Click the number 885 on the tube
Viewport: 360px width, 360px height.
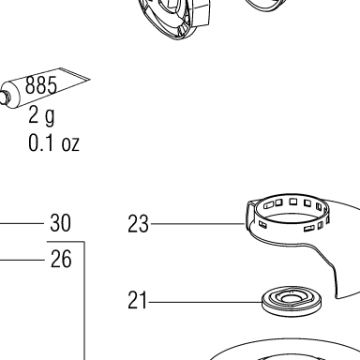[x=41, y=84]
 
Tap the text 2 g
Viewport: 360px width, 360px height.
[x=41, y=115]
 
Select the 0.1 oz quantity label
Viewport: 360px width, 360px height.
[x=53, y=142]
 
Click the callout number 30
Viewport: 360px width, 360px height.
[x=60, y=223]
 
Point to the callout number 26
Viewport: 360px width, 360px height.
[x=61, y=259]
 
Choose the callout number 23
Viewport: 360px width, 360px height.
[x=138, y=224]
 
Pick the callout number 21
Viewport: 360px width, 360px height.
[x=137, y=300]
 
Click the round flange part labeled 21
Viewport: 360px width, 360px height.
[x=292, y=301]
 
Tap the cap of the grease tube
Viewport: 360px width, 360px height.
[x=4, y=97]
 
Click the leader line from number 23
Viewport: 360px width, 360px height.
[x=197, y=224]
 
